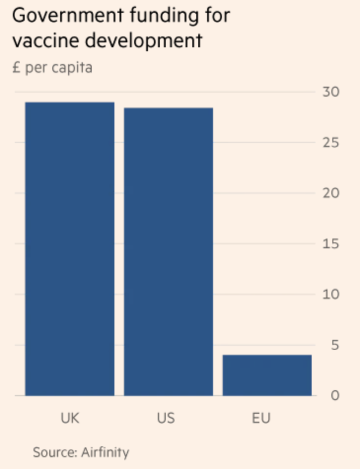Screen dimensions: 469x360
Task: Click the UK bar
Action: tap(70, 249)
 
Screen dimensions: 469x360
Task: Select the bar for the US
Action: tap(168, 251)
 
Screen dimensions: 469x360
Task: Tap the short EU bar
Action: tap(267, 375)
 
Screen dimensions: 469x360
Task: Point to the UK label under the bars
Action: tap(70, 419)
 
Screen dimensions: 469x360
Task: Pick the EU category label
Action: tap(261, 419)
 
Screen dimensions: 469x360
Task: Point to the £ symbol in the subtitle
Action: tap(17, 67)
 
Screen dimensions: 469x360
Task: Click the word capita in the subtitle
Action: tap(71, 68)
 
